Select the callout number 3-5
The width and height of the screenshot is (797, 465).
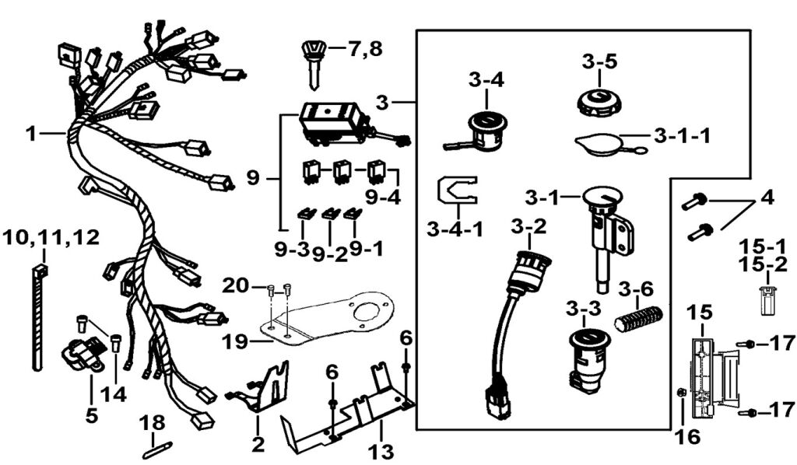(x=599, y=61)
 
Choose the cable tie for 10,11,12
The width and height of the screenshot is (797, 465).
(x=39, y=319)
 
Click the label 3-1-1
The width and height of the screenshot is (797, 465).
(x=682, y=136)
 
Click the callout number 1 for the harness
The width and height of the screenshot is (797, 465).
(x=30, y=134)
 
